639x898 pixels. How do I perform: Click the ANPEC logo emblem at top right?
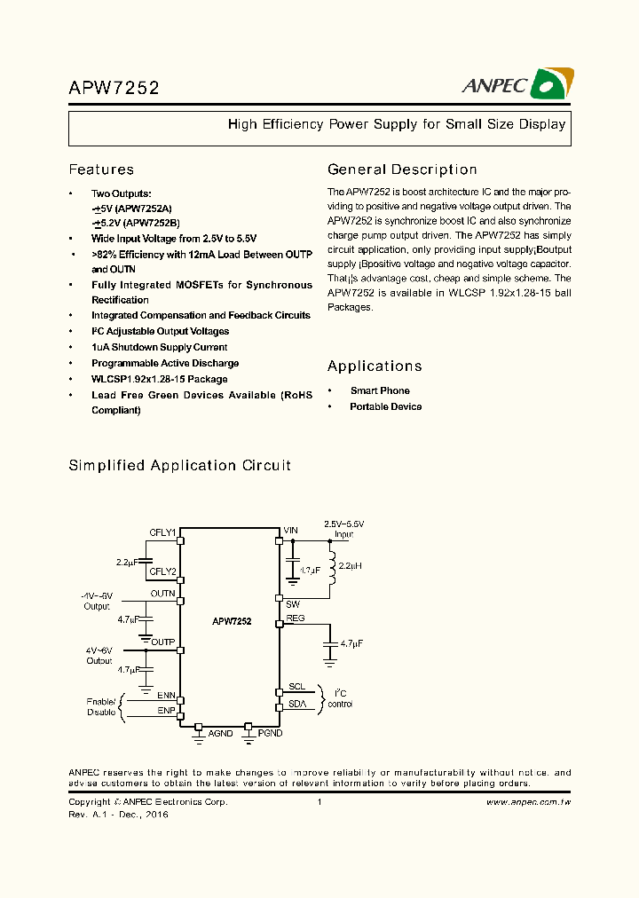click(551, 85)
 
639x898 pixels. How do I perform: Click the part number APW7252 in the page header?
click(114, 88)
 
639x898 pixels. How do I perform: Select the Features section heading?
click(101, 169)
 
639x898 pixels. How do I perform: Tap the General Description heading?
click(402, 169)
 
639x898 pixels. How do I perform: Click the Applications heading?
click(375, 366)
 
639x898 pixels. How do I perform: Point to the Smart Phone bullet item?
click(380, 390)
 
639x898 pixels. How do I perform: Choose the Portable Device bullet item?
click(385, 406)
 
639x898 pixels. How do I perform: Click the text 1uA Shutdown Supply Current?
click(159, 347)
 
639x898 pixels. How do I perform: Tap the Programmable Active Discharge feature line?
click(164, 363)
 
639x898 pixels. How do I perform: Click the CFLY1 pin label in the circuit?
click(162, 532)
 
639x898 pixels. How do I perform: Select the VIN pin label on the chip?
click(291, 531)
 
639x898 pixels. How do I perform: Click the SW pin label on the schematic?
click(293, 603)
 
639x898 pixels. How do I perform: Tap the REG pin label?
click(296, 618)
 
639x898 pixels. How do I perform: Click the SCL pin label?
click(296, 687)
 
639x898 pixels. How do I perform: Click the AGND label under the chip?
click(220, 734)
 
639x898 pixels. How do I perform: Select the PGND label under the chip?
click(270, 734)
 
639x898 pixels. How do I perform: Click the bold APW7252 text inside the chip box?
click(232, 622)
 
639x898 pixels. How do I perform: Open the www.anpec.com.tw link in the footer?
click(528, 802)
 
